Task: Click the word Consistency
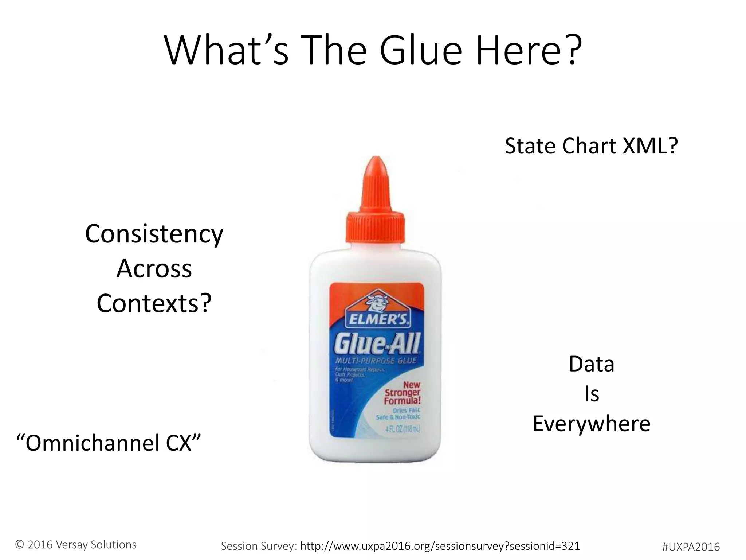(154, 234)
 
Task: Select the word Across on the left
(154, 269)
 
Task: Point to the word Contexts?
(154, 303)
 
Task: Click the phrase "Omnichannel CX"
(109, 443)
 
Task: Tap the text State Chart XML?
(591, 146)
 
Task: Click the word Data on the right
(592, 364)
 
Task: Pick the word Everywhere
(592, 424)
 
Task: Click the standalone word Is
(592, 394)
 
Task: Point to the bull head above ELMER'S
(377, 301)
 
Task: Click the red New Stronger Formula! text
(403, 393)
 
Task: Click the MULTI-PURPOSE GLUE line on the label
(376, 361)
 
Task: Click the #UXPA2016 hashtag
(691, 547)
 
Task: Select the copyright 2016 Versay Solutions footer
(76, 545)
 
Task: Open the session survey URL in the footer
(440, 546)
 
